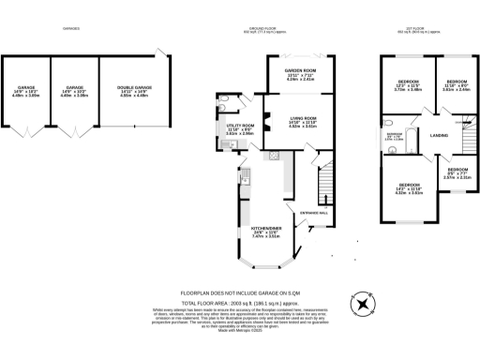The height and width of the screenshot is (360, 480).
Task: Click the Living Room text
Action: click(289, 119)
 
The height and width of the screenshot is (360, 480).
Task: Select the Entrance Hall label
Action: click(314, 214)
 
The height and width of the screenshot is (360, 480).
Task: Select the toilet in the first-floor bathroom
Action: click(387, 122)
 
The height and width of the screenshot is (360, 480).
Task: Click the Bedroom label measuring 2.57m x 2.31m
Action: click(457, 172)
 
